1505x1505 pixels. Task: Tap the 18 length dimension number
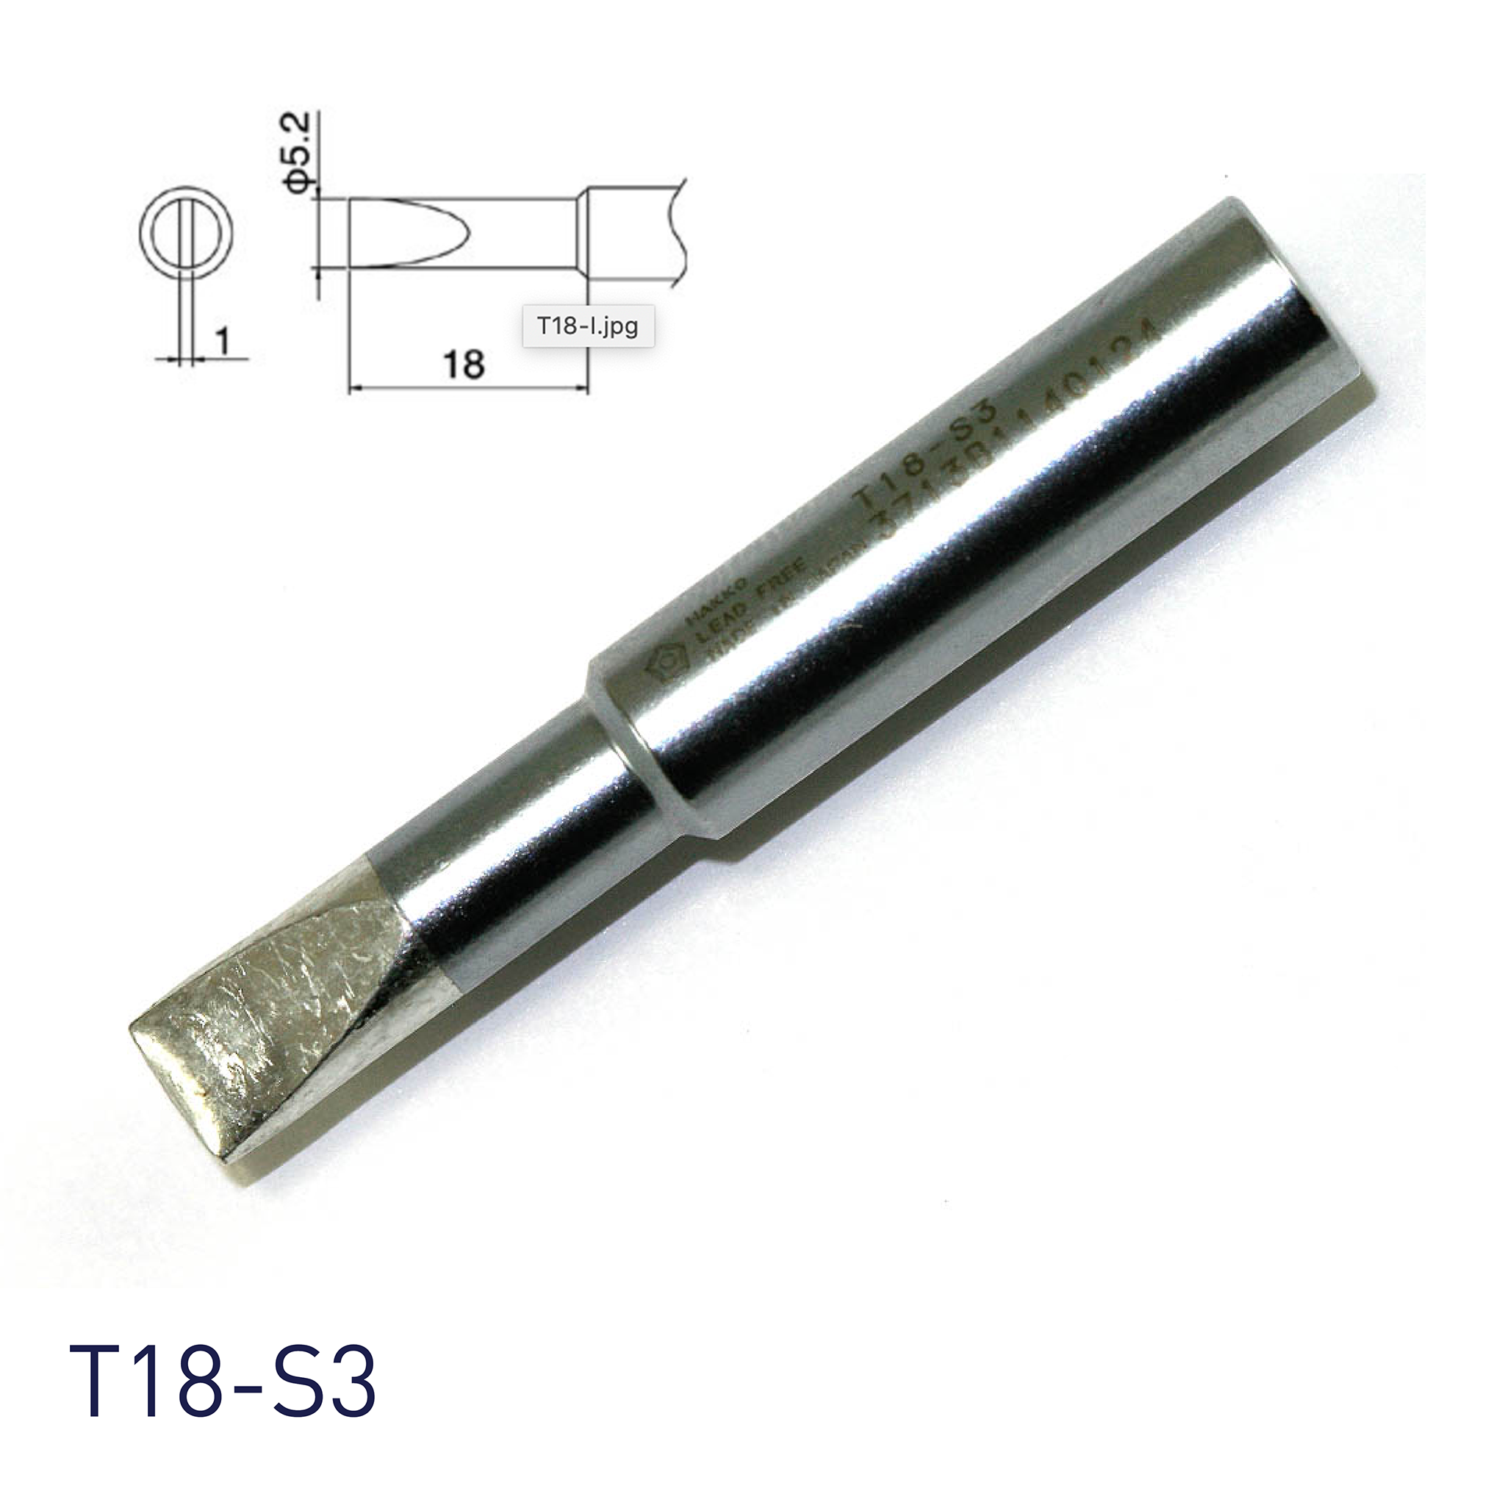click(465, 363)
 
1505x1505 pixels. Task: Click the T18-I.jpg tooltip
click(587, 325)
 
